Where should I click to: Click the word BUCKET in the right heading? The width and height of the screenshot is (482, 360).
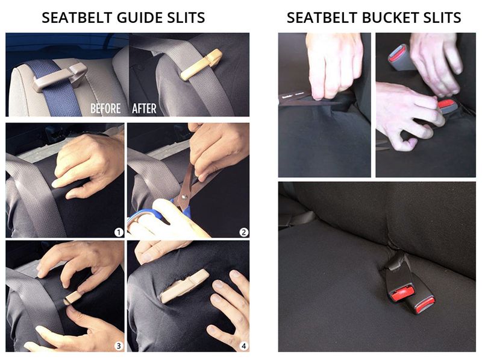point(377,17)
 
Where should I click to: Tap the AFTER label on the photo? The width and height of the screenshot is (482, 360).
point(144,109)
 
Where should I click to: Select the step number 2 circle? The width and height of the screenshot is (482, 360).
point(243,232)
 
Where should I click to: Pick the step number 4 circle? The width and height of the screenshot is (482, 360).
point(243,346)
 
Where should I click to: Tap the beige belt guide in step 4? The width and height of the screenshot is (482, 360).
point(184,286)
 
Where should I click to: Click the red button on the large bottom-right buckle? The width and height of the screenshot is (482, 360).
point(402,294)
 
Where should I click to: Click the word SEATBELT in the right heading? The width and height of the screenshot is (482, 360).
point(319,17)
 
